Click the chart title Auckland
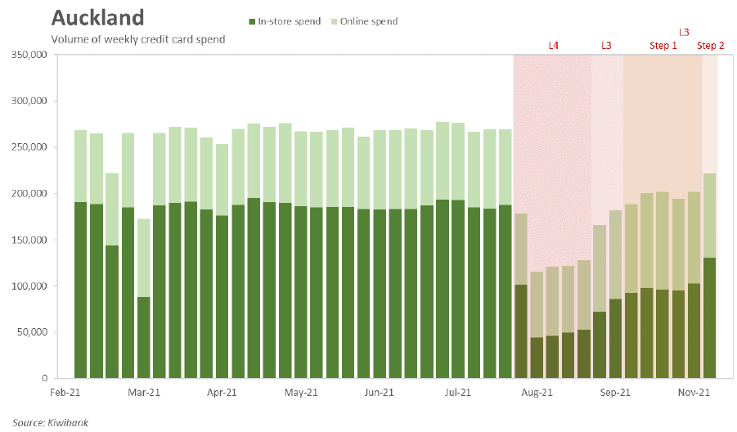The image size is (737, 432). [97, 18]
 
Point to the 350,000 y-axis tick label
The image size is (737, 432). [30, 55]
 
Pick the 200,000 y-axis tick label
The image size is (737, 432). [30, 194]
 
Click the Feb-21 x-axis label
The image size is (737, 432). [65, 394]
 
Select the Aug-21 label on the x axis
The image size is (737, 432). [537, 394]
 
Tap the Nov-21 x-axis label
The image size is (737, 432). [694, 394]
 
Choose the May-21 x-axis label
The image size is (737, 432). [301, 394]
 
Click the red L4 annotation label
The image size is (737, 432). [554, 46]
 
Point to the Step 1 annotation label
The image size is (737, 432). [663, 46]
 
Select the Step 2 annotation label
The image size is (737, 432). [710, 46]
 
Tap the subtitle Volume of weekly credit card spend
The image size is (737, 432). [138, 39]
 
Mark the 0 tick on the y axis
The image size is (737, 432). [45, 379]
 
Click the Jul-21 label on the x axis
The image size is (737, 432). [458, 394]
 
